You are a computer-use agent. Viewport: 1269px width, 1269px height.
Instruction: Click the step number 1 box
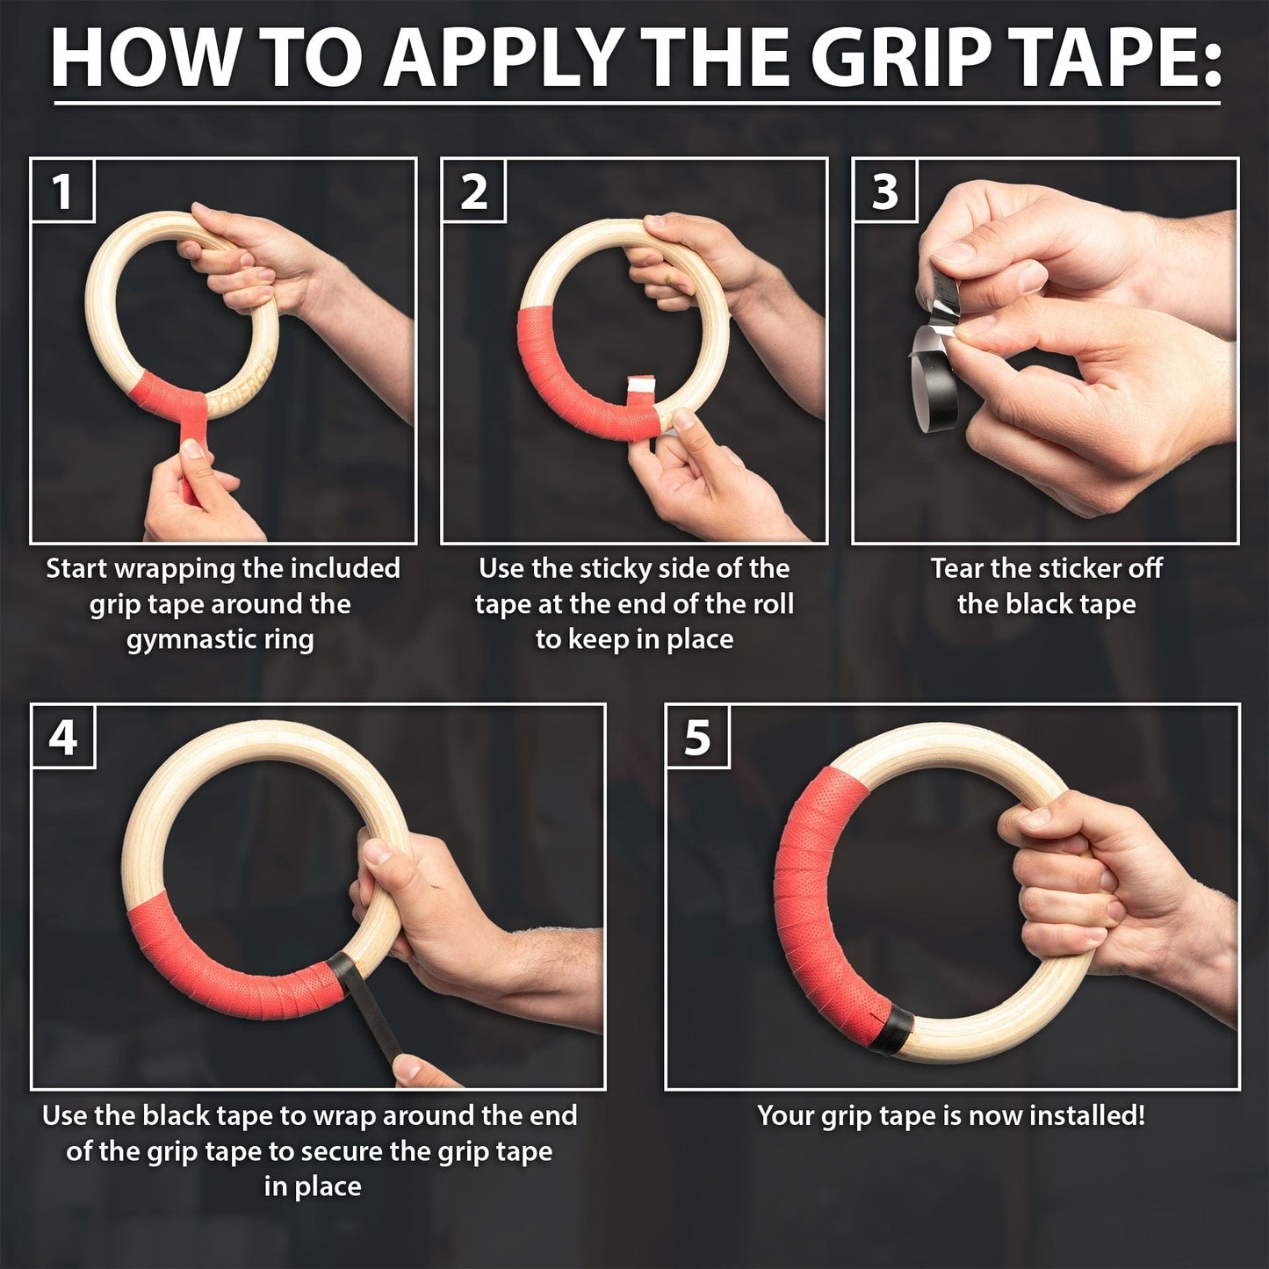pyautogui.click(x=61, y=191)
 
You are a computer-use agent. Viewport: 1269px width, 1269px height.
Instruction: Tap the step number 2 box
pyautogui.click(x=473, y=191)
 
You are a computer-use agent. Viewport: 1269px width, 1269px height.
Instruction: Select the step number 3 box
pyautogui.click(x=884, y=191)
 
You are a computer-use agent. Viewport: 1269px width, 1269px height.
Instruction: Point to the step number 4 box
pyautogui.click(x=62, y=737)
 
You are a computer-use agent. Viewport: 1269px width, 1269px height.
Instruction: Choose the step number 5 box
pyautogui.click(x=697, y=737)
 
